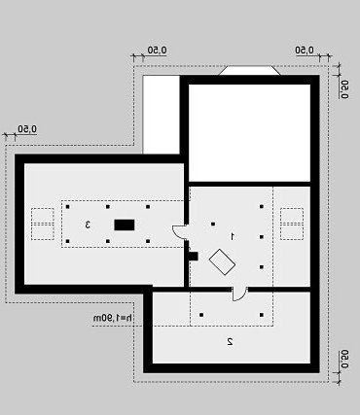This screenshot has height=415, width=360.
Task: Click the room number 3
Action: [88, 225]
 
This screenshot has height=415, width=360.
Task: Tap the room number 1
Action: [233, 236]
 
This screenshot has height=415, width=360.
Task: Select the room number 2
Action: [230, 341]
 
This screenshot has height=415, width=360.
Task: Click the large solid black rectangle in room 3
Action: [125, 225]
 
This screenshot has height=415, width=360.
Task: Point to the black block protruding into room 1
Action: [194, 256]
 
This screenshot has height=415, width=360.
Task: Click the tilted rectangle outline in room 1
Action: [222, 262]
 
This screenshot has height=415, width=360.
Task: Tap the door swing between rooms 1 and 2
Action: [239, 294]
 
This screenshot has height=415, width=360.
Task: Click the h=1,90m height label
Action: [113, 318]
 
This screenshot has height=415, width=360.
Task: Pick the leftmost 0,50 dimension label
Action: [27, 129]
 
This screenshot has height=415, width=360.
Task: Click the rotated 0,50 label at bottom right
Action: [344, 360]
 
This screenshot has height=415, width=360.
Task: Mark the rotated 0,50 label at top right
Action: [344, 89]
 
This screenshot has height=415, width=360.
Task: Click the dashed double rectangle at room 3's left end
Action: [43, 224]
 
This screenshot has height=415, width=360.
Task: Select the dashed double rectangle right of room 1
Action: [292, 224]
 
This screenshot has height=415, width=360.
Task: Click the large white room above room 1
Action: [249, 133]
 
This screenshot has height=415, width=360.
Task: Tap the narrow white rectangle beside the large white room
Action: [162, 115]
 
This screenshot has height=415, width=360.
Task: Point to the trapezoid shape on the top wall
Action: [249, 71]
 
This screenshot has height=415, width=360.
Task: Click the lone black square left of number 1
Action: [213, 224]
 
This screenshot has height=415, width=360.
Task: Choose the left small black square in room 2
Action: [201, 315]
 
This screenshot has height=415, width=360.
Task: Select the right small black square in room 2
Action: [262, 315]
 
